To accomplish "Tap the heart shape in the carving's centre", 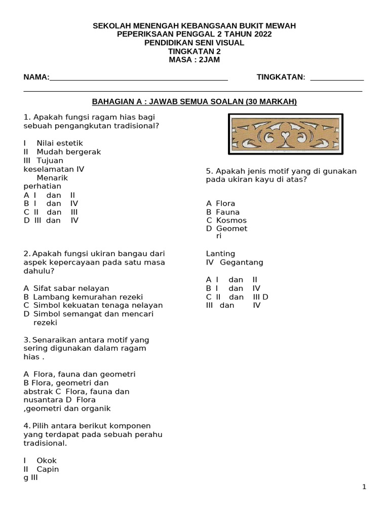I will (286, 134).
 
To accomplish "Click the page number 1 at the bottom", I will (364, 487).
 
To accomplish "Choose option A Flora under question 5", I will (221, 204).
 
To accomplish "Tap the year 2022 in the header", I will (261, 34).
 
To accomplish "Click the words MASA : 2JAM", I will (194, 60).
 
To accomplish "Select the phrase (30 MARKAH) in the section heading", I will (270, 102).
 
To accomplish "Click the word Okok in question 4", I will (47, 461).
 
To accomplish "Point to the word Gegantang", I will (242, 263).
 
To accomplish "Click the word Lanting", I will (220, 254).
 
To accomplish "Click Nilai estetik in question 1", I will (59, 143).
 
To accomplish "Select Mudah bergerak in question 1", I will (68, 152).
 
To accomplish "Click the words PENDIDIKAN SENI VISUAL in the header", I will (194, 43).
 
